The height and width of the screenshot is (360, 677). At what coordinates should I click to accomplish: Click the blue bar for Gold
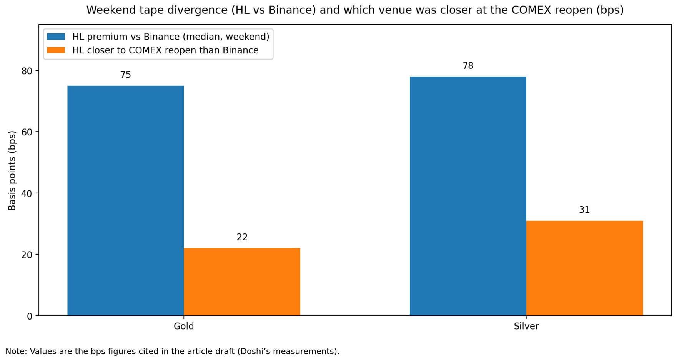[125, 200]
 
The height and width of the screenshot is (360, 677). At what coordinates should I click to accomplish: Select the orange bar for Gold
[242, 282]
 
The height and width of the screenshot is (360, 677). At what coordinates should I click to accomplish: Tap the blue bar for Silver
[467, 196]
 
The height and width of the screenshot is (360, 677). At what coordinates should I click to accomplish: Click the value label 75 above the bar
[126, 75]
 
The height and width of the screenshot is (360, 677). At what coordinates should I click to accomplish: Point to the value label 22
[242, 237]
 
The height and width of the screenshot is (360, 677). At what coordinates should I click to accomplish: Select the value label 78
[468, 66]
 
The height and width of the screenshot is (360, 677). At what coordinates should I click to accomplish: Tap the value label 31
[584, 210]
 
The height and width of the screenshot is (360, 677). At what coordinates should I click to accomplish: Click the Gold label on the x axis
[184, 327]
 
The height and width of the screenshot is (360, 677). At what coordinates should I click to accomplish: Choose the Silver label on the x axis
[526, 327]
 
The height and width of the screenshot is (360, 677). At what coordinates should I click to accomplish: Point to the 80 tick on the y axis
[27, 71]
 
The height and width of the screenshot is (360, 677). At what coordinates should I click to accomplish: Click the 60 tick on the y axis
[27, 132]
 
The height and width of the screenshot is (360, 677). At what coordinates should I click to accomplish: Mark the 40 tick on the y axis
[27, 193]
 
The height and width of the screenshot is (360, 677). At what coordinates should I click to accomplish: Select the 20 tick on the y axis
[27, 255]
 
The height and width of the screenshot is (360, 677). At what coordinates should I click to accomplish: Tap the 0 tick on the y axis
[30, 316]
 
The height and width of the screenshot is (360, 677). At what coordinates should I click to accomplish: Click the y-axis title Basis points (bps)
[12, 171]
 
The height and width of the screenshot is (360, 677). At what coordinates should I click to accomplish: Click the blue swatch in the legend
[56, 37]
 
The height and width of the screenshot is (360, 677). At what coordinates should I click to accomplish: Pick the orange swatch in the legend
[56, 50]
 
